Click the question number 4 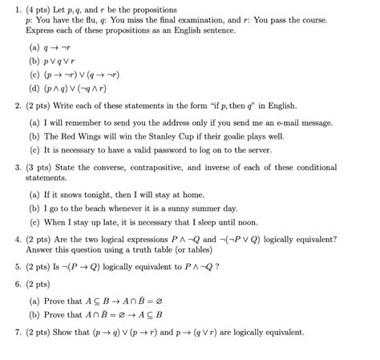click(18, 239)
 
